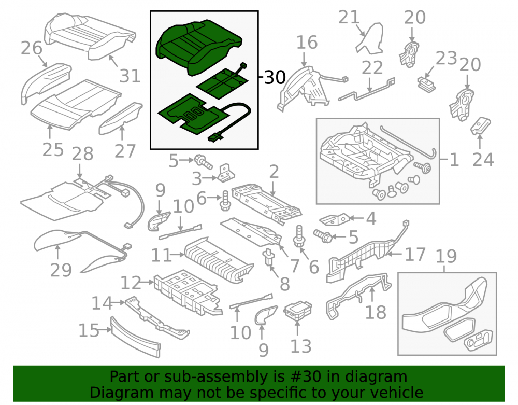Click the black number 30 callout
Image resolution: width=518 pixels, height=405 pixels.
click(275, 78)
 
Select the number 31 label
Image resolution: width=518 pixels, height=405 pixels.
click(130, 76)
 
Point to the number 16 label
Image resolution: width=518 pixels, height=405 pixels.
click(307, 43)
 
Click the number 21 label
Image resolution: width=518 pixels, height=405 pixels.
click(349, 17)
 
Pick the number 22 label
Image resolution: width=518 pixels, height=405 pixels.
click(372, 68)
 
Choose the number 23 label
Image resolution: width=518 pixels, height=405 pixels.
click(447, 58)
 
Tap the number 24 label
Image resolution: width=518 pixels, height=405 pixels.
click(483, 159)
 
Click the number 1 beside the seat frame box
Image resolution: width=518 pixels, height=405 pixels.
click(455, 160)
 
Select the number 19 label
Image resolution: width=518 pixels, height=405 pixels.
click(447, 256)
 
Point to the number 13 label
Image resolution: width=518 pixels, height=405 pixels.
click(301, 346)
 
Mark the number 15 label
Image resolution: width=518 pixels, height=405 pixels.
click(89, 330)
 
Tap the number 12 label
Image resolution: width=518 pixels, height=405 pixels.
click(131, 283)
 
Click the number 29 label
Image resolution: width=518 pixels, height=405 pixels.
click(61, 270)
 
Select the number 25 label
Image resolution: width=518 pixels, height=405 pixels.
click(53, 150)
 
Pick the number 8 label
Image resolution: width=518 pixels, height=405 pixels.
click(285, 284)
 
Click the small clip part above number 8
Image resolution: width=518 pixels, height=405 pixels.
click(268, 258)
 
